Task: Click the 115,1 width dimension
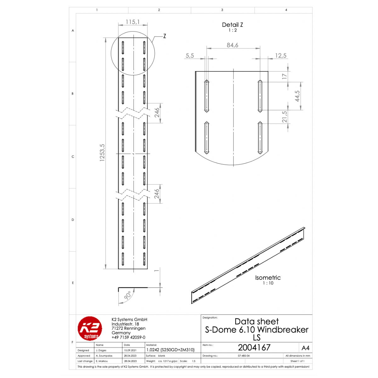[x=133, y=22]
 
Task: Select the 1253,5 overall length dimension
[x=102, y=152]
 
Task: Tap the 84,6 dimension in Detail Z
[x=232, y=45]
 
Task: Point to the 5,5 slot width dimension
[x=190, y=55]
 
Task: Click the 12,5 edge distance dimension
[x=281, y=55]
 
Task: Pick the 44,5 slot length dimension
[x=297, y=96]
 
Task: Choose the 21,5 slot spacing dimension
[x=284, y=117]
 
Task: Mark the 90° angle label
[x=128, y=295]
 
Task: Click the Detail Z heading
[x=232, y=25]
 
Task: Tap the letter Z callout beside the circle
[x=164, y=36]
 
